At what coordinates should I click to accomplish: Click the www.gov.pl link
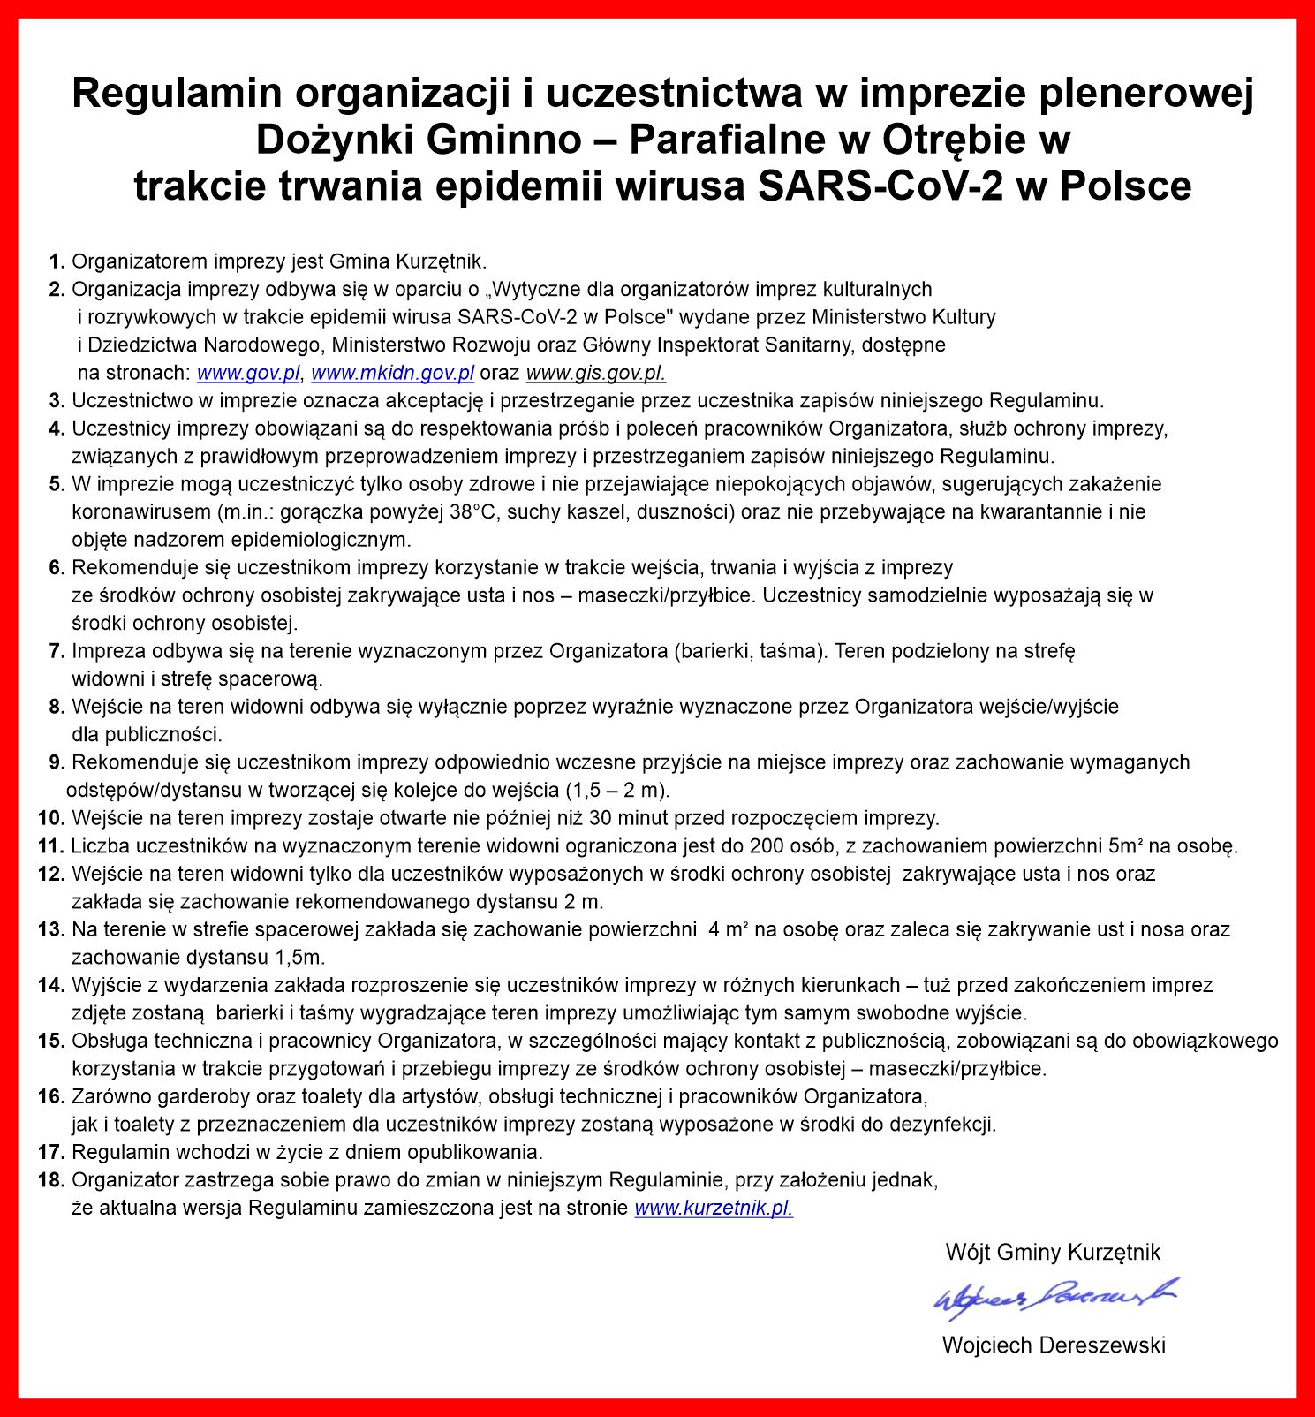(248, 373)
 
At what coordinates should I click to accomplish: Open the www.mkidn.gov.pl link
(392, 373)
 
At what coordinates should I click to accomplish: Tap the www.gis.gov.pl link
(595, 373)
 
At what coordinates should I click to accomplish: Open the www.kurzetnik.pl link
(714, 1208)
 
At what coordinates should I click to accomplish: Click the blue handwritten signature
(1055, 1296)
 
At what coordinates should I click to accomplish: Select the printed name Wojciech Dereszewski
(1054, 1345)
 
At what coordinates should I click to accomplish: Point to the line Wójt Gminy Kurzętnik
(1053, 1252)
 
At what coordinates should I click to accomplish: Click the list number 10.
(51, 818)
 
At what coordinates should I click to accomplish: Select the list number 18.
(51, 1180)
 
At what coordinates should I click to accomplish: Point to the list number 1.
(57, 261)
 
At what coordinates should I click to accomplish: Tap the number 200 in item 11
(767, 846)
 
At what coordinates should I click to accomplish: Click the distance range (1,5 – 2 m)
(616, 790)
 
